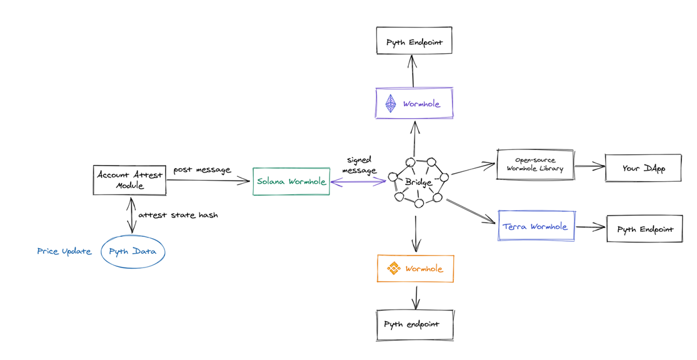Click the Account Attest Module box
[x=129, y=180]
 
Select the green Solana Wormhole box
[x=291, y=181]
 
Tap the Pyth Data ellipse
[x=133, y=251]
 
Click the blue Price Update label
[x=64, y=251]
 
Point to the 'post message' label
[x=203, y=170]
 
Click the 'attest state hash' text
[x=178, y=215]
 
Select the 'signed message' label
[x=359, y=165]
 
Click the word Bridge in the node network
[x=418, y=182]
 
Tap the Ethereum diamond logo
[x=390, y=104]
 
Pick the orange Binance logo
[x=393, y=268]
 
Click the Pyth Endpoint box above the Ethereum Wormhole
[x=414, y=41]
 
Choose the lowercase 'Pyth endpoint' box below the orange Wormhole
[x=414, y=326]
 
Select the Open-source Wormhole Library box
[x=534, y=164]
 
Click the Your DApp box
[x=643, y=168]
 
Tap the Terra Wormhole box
[x=536, y=226]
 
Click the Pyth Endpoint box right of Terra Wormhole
[x=644, y=229]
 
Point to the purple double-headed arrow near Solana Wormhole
[x=358, y=181]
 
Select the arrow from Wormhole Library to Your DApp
[x=589, y=167]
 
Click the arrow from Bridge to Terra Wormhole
[x=471, y=211]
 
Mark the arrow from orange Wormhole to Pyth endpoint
[x=416, y=297]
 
